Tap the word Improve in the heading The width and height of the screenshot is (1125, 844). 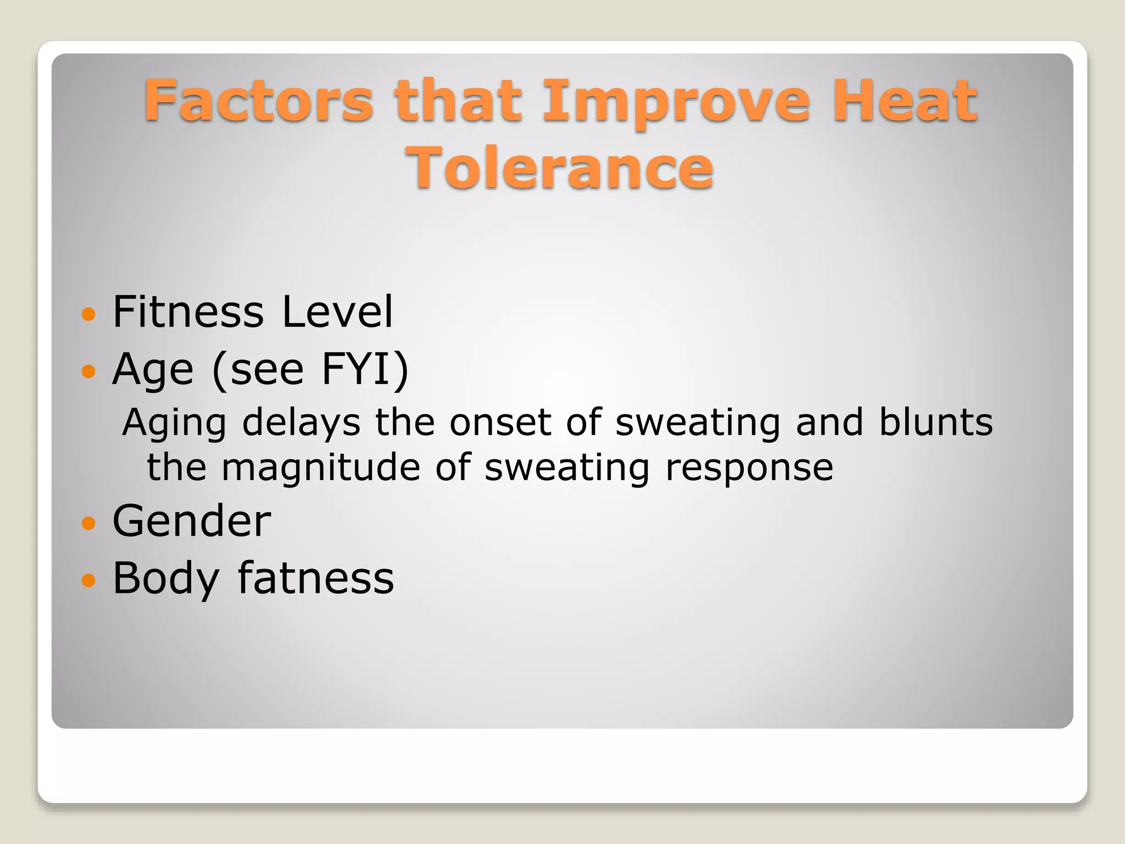(x=676, y=102)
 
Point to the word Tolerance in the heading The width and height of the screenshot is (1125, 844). (x=559, y=167)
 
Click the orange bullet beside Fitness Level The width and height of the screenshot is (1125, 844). (x=88, y=314)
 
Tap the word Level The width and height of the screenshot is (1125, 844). (x=337, y=312)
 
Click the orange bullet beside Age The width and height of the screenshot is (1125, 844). (x=88, y=372)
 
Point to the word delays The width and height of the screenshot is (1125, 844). (x=301, y=423)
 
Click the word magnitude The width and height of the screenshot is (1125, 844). (x=321, y=468)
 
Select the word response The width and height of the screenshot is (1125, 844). (x=749, y=469)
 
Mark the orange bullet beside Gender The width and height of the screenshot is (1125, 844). (x=88, y=523)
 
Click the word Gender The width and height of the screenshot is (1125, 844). (x=192, y=521)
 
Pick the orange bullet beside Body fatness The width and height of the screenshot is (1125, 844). (x=88, y=580)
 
